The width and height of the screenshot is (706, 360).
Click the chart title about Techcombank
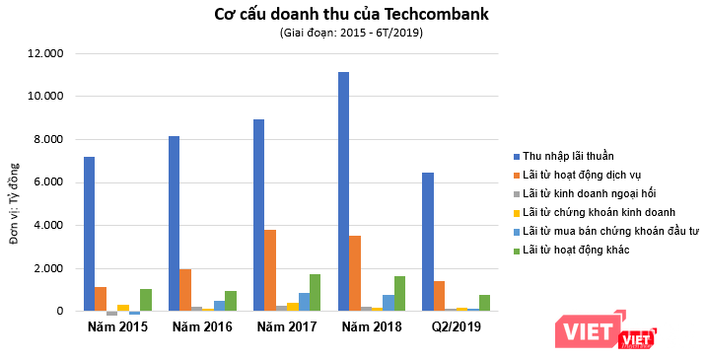[351, 15]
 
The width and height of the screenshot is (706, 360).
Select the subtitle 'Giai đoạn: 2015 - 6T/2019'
[351, 34]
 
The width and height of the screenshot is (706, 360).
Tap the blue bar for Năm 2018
[343, 191]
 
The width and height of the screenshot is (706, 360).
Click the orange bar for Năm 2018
[354, 273]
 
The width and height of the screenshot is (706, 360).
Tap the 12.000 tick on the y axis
[45, 53]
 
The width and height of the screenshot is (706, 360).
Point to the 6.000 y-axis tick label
[48, 182]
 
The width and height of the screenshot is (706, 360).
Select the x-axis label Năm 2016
[201, 326]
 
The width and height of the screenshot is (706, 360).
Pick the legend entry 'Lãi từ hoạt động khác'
[576, 250]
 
